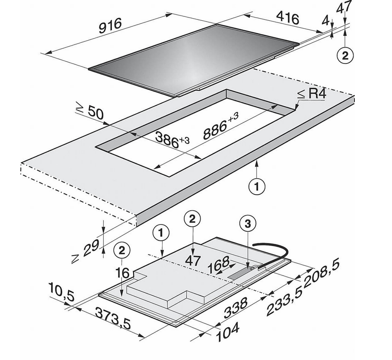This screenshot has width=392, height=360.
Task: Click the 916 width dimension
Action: (110, 25)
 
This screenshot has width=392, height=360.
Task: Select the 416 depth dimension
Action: (287, 18)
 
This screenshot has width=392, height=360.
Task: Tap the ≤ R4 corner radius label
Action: (312, 94)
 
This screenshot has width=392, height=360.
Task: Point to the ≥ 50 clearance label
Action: (89, 112)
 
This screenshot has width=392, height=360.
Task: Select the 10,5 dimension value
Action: (61, 292)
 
